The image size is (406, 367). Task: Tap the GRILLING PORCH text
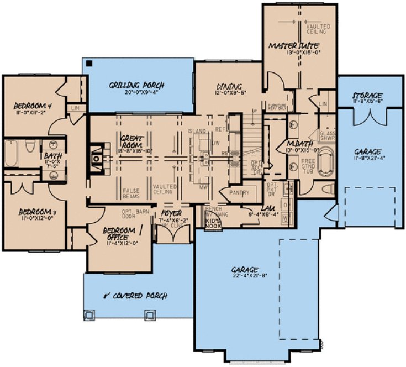pyautogui.click(x=136, y=85)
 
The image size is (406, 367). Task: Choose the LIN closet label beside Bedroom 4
pyautogui.click(x=76, y=108)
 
